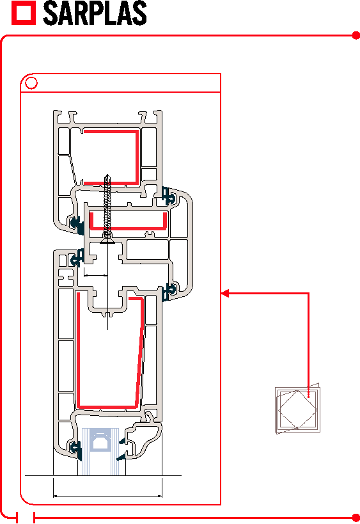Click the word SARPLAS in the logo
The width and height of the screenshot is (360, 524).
tap(95, 13)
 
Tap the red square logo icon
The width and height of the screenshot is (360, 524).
tap(24, 13)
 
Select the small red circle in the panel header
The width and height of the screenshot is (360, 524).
tap(31, 83)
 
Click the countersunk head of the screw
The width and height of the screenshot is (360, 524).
tap(107, 240)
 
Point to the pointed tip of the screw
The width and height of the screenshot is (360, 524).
tap(107, 175)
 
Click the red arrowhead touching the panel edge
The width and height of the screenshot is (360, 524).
tap(224, 294)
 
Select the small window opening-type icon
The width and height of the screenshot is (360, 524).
tap(297, 408)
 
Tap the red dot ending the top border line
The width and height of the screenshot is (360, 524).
tap(356, 35)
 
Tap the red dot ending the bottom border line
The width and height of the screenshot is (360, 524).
tap(356, 518)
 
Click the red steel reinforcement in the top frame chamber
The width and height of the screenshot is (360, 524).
tap(137, 157)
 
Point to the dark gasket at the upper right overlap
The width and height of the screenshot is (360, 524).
tap(169, 196)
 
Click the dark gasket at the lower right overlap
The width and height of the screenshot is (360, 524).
tap(169, 291)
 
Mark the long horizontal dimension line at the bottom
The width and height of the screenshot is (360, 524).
tap(107, 496)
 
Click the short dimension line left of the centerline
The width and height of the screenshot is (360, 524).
tap(95, 275)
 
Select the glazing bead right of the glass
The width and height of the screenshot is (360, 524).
tap(140, 440)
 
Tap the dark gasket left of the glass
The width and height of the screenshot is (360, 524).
tap(77, 450)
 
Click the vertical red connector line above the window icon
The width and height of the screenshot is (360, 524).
tap(308, 345)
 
